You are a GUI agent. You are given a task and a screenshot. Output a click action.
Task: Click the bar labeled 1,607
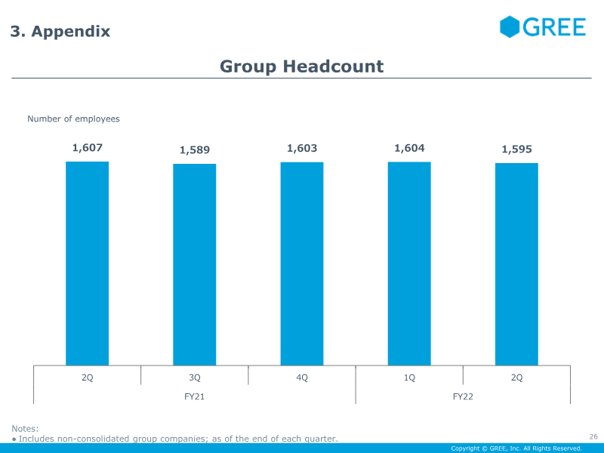tap(87, 263)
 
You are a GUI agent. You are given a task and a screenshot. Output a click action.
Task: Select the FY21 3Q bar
tap(194, 265)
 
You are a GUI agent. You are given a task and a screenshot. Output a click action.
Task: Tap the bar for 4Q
tap(302, 263)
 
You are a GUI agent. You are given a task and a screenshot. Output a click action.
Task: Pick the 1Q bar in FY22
tap(409, 263)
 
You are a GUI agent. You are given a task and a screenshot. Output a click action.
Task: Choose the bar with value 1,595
tap(516, 264)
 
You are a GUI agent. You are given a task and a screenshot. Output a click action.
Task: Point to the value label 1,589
tap(194, 150)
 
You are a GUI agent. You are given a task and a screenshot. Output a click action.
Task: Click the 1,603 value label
tap(302, 149)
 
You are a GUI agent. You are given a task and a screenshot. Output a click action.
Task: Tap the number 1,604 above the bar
tap(409, 149)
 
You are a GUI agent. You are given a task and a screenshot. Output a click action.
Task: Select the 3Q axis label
tap(194, 377)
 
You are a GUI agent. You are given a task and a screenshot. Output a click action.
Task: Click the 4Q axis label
tap(302, 377)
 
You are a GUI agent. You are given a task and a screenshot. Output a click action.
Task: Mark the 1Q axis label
tap(409, 377)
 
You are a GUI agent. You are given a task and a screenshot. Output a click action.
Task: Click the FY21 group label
tap(194, 396)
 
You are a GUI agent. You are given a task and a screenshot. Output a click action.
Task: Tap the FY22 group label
tap(463, 396)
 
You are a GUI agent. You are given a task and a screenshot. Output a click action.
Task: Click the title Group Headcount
tap(301, 66)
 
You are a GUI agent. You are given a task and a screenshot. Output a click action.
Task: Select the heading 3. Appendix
tap(60, 32)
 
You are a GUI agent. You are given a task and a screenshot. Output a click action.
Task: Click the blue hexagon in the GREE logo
tap(510, 27)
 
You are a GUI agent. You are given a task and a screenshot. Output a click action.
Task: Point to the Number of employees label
tap(73, 119)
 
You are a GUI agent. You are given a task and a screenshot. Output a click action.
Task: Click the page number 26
tap(593, 436)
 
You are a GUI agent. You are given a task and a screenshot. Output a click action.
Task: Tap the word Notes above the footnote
tap(24, 429)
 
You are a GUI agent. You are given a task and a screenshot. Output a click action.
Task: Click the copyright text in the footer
tap(516, 448)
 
